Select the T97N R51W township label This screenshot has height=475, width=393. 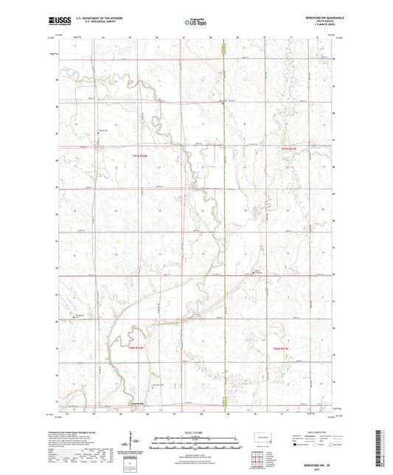tap(293, 148)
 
